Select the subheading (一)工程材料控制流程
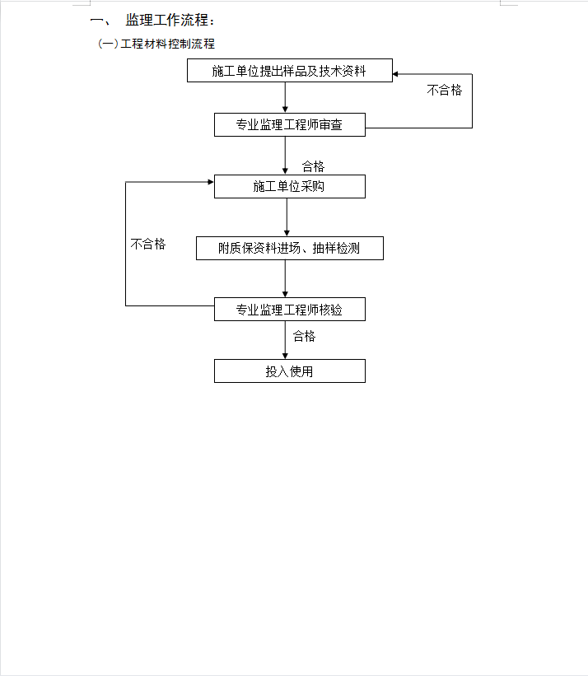coord(156,44)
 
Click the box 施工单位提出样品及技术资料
coord(290,70)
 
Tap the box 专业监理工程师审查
coord(290,124)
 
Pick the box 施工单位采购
coord(290,186)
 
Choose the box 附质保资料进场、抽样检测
coord(290,248)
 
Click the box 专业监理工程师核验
coord(290,309)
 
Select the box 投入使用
coord(290,371)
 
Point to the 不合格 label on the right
coord(445,90)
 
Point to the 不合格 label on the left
coord(148,244)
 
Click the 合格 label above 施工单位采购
coord(313,166)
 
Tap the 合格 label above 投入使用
coord(305,336)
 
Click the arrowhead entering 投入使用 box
coord(285,356)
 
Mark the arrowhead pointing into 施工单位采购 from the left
coord(211,182)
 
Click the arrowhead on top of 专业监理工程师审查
coord(285,110)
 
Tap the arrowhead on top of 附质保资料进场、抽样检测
coord(287,233)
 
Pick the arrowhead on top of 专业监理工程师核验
coord(285,295)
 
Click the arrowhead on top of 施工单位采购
coord(285,171)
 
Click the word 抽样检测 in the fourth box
coord(336,248)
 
